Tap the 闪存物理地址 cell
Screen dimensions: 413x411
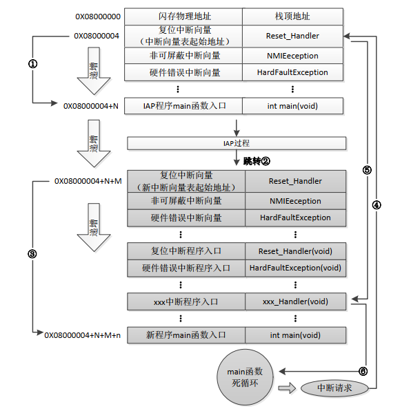[183, 16]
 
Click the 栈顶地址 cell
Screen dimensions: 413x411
[292, 16]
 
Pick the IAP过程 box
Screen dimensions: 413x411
[236, 143]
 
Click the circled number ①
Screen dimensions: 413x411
[32, 63]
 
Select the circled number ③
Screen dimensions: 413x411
[32, 253]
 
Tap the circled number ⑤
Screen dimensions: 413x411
[367, 170]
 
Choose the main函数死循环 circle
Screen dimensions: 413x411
[246, 377]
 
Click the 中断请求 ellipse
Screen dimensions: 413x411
[334, 388]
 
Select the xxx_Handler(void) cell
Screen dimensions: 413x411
[295, 301]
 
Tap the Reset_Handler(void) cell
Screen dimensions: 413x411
[295, 251]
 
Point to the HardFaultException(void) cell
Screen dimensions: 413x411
[295, 268]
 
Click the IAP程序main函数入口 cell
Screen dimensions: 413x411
[184, 106]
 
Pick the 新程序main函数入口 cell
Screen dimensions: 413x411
[186, 335]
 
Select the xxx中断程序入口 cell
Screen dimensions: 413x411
[186, 301]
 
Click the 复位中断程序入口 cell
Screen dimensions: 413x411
[186, 251]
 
